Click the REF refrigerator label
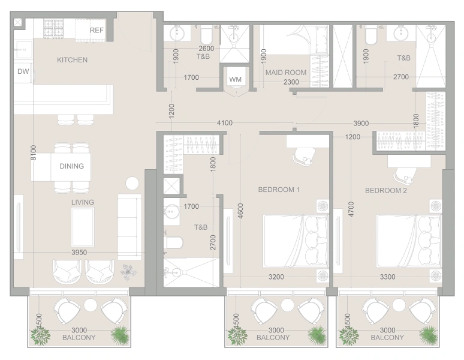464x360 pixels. pos(97,30)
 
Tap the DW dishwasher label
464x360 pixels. pos(23,71)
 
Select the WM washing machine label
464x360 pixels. pos(236,79)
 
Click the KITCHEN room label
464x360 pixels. pos(72,60)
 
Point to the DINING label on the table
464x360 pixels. pos(71,166)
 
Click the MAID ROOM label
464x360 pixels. pos(286,73)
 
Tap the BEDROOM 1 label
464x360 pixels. pos(279,190)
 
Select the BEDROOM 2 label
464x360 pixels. pos(386,190)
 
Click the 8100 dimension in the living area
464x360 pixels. pos(34,153)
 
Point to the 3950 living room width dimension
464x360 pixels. pos(79,253)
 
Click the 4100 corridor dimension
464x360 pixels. pos(225,123)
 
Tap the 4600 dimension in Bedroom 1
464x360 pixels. pos(240,211)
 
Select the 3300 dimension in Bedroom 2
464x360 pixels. pos(388,277)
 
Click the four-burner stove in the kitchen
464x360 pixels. pos(53,29)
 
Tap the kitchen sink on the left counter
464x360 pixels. pos(23,50)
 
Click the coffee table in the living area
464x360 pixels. pos(83,227)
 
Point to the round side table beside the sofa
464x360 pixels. pos(132,184)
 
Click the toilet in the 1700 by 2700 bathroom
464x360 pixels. pos(173,243)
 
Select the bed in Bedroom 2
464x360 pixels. pos(409,241)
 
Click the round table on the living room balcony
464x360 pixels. pos(91,305)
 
